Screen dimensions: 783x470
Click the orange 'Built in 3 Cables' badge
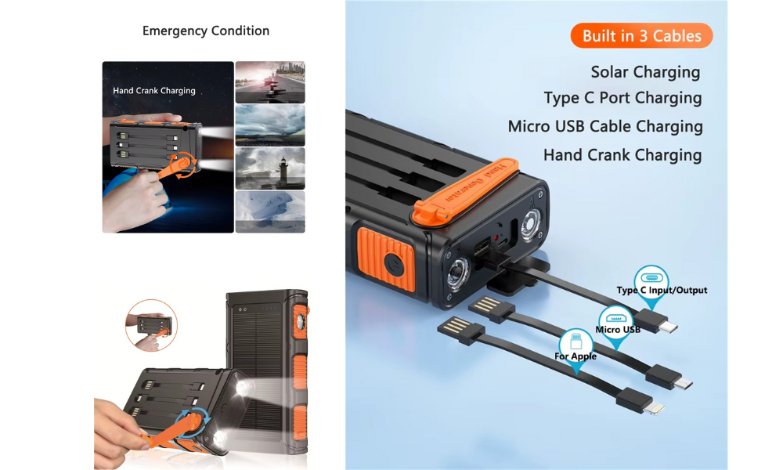click(641, 35)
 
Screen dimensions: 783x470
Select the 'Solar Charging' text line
click(645, 72)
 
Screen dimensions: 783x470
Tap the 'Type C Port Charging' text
click(622, 98)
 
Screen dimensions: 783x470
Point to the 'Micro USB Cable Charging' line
click(605, 126)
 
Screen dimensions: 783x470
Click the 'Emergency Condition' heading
click(206, 31)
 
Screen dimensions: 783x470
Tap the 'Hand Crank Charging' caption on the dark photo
click(153, 90)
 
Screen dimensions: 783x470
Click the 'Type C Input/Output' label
click(662, 290)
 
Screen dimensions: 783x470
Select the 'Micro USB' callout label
click(618, 330)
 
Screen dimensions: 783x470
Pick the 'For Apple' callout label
click(576, 356)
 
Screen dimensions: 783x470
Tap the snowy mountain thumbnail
click(270, 211)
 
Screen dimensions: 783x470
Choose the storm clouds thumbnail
click(270, 125)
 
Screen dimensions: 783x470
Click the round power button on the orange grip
click(394, 263)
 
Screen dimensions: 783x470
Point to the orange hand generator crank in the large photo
click(465, 190)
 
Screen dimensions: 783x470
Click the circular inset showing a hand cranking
click(151, 325)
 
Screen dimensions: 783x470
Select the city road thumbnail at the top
click(270, 82)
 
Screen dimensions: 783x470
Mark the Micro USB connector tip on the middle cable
click(684, 384)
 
